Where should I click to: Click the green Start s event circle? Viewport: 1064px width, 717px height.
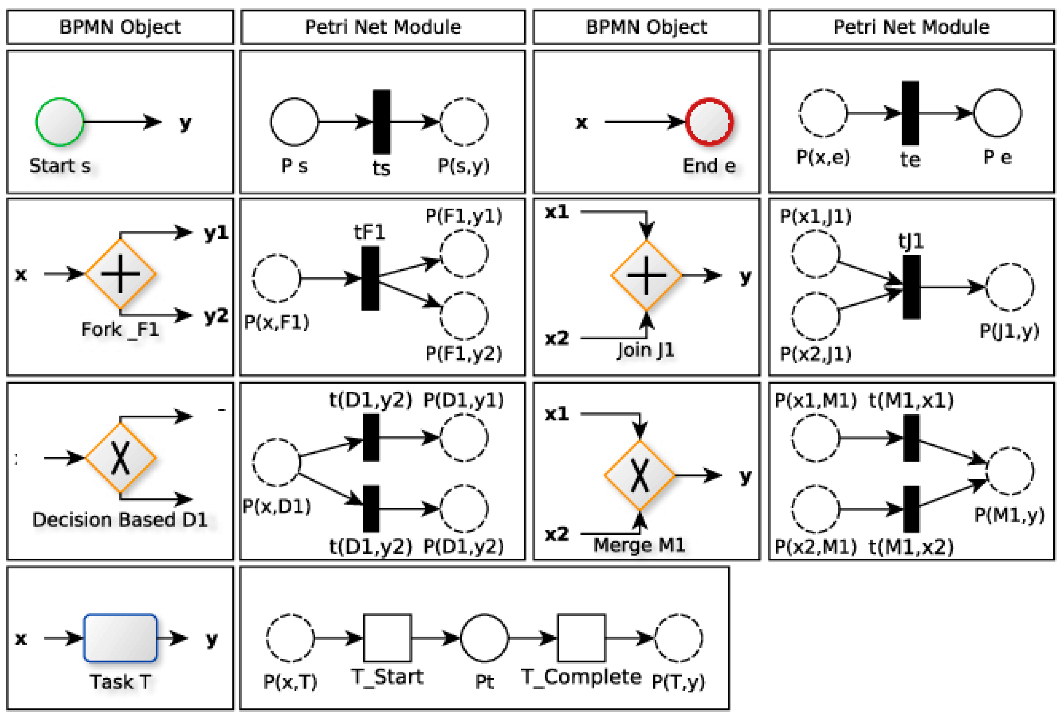tap(60, 122)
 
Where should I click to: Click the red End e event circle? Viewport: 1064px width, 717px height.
tap(709, 122)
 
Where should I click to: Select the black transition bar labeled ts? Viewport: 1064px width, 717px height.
tap(381, 122)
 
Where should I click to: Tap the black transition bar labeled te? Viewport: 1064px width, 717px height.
tap(910, 113)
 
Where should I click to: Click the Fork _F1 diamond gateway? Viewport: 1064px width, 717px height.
tap(120, 274)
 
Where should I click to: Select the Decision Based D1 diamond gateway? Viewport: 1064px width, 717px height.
tap(120, 457)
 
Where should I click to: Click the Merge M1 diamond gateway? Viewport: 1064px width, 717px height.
tap(639, 475)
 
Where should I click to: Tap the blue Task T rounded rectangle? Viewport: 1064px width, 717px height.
tap(120, 638)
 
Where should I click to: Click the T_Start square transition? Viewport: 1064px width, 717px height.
tap(387, 638)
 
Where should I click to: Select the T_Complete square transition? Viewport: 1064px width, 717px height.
tap(581, 638)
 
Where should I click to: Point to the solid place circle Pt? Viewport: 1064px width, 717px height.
tap(484, 638)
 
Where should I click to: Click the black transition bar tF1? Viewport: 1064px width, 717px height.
tap(370, 278)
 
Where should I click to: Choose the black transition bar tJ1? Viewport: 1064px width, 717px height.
tap(912, 287)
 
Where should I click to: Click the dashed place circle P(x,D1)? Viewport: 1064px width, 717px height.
tap(276, 462)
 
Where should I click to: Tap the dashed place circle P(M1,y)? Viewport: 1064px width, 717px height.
tap(1009, 471)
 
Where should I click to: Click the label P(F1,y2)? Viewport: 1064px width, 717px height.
tap(463, 353)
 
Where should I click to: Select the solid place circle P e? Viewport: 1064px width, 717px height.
tap(997, 113)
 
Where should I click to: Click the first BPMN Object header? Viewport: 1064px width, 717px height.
tap(120, 27)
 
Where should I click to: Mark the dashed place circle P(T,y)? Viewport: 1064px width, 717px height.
tap(678, 638)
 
